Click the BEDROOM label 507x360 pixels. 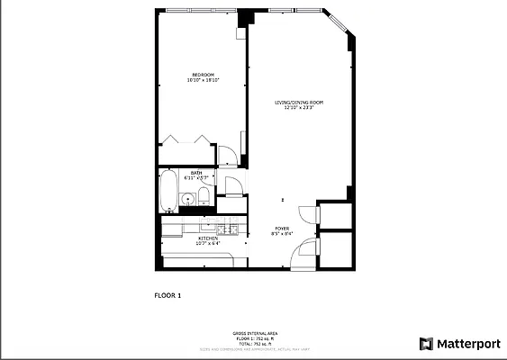(203, 74)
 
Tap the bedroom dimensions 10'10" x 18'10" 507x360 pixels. (203, 80)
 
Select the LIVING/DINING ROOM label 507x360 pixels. (299, 103)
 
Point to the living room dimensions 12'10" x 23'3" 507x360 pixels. (299, 109)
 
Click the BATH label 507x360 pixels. (195, 172)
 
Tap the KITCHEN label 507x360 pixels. (207, 238)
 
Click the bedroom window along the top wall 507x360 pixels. (202, 11)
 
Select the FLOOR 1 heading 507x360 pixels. (167, 294)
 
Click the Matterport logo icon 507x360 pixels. (426, 343)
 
